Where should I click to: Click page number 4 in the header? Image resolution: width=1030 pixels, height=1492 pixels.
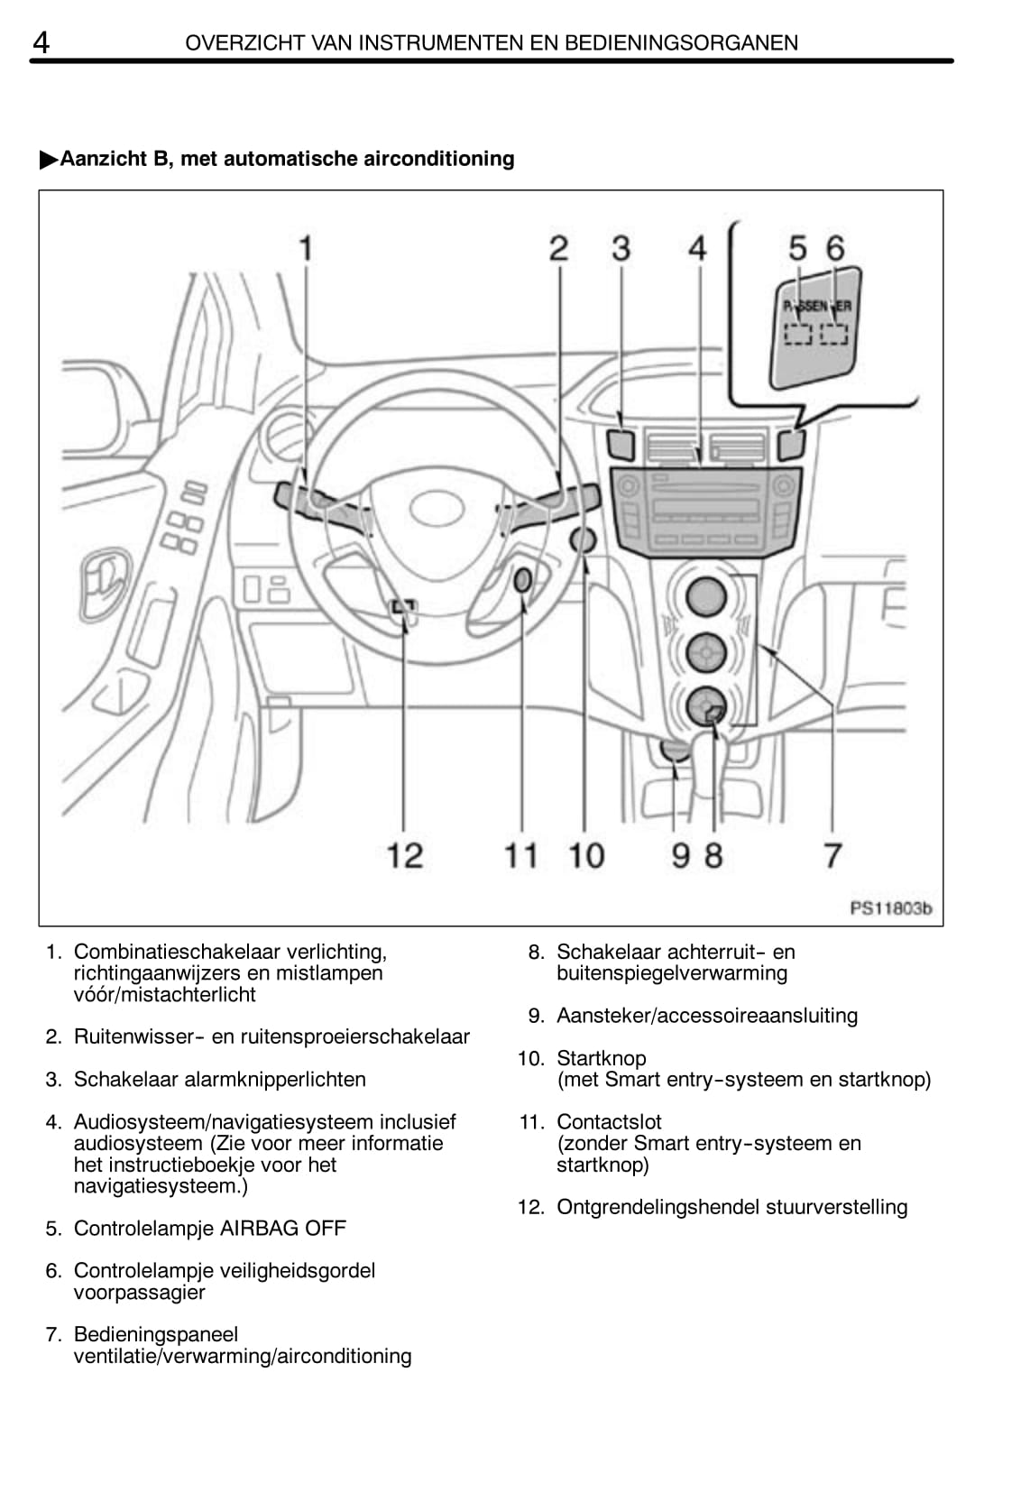[x=41, y=43]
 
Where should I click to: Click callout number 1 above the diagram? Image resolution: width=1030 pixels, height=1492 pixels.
[x=306, y=248]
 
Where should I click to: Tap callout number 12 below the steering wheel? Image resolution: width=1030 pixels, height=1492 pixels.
[x=405, y=855]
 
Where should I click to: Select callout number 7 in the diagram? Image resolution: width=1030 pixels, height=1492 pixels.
[x=832, y=855]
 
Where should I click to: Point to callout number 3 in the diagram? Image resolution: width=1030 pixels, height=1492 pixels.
[x=621, y=248]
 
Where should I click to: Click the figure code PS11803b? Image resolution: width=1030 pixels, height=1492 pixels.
[x=891, y=908]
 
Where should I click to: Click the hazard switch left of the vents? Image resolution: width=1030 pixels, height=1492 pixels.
[x=621, y=445]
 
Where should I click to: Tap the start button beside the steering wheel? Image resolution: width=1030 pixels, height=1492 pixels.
[x=583, y=540]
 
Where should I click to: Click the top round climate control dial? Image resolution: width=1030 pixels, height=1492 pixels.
[x=705, y=596]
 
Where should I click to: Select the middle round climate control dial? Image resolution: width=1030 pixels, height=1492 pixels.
[x=705, y=652]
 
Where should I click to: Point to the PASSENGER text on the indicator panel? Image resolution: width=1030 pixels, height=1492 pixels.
[x=817, y=307]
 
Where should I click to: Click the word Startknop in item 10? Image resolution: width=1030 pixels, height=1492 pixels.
[x=602, y=1058]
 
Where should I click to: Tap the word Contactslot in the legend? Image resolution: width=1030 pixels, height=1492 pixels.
[x=609, y=1122]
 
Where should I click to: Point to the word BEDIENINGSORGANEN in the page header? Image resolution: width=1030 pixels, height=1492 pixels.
[x=681, y=43]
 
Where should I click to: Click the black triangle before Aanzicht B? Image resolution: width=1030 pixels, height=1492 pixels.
[x=50, y=160]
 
